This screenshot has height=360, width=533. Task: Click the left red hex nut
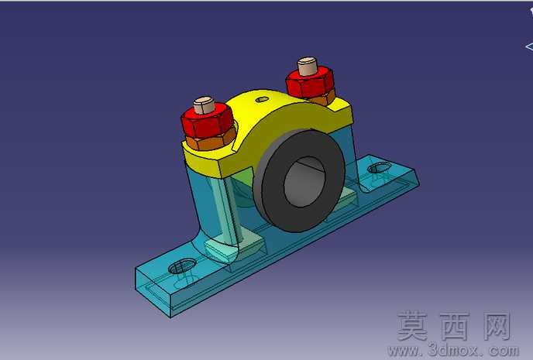[x=207, y=122]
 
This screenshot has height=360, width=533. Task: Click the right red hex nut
[x=308, y=83]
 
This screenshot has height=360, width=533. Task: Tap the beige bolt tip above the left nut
[x=205, y=105]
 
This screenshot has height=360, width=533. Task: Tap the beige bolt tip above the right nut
[x=308, y=66]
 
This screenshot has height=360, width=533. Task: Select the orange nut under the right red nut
[x=323, y=98]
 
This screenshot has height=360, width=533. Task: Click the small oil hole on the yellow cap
[x=262, y=100]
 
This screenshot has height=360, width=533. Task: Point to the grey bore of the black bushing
[x=304, y=181]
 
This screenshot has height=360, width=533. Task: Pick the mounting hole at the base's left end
[x=183, y=266]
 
